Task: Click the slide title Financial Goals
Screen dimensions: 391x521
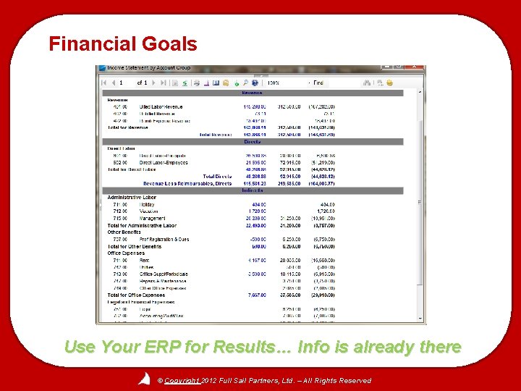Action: point(122,44)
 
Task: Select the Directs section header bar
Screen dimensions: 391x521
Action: point(252,142)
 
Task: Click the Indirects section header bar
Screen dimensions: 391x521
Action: point(252,190)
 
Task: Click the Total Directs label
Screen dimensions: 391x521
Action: point(217,176)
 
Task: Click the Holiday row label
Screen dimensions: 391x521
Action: point(148,204)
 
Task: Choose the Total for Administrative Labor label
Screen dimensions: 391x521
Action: point(142,225)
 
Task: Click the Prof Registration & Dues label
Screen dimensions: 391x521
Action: point(164,239)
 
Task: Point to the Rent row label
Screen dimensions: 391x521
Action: point(145,260)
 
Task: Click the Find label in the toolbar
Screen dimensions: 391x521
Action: point(318,83)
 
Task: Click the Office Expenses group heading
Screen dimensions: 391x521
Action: point(127,253)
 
